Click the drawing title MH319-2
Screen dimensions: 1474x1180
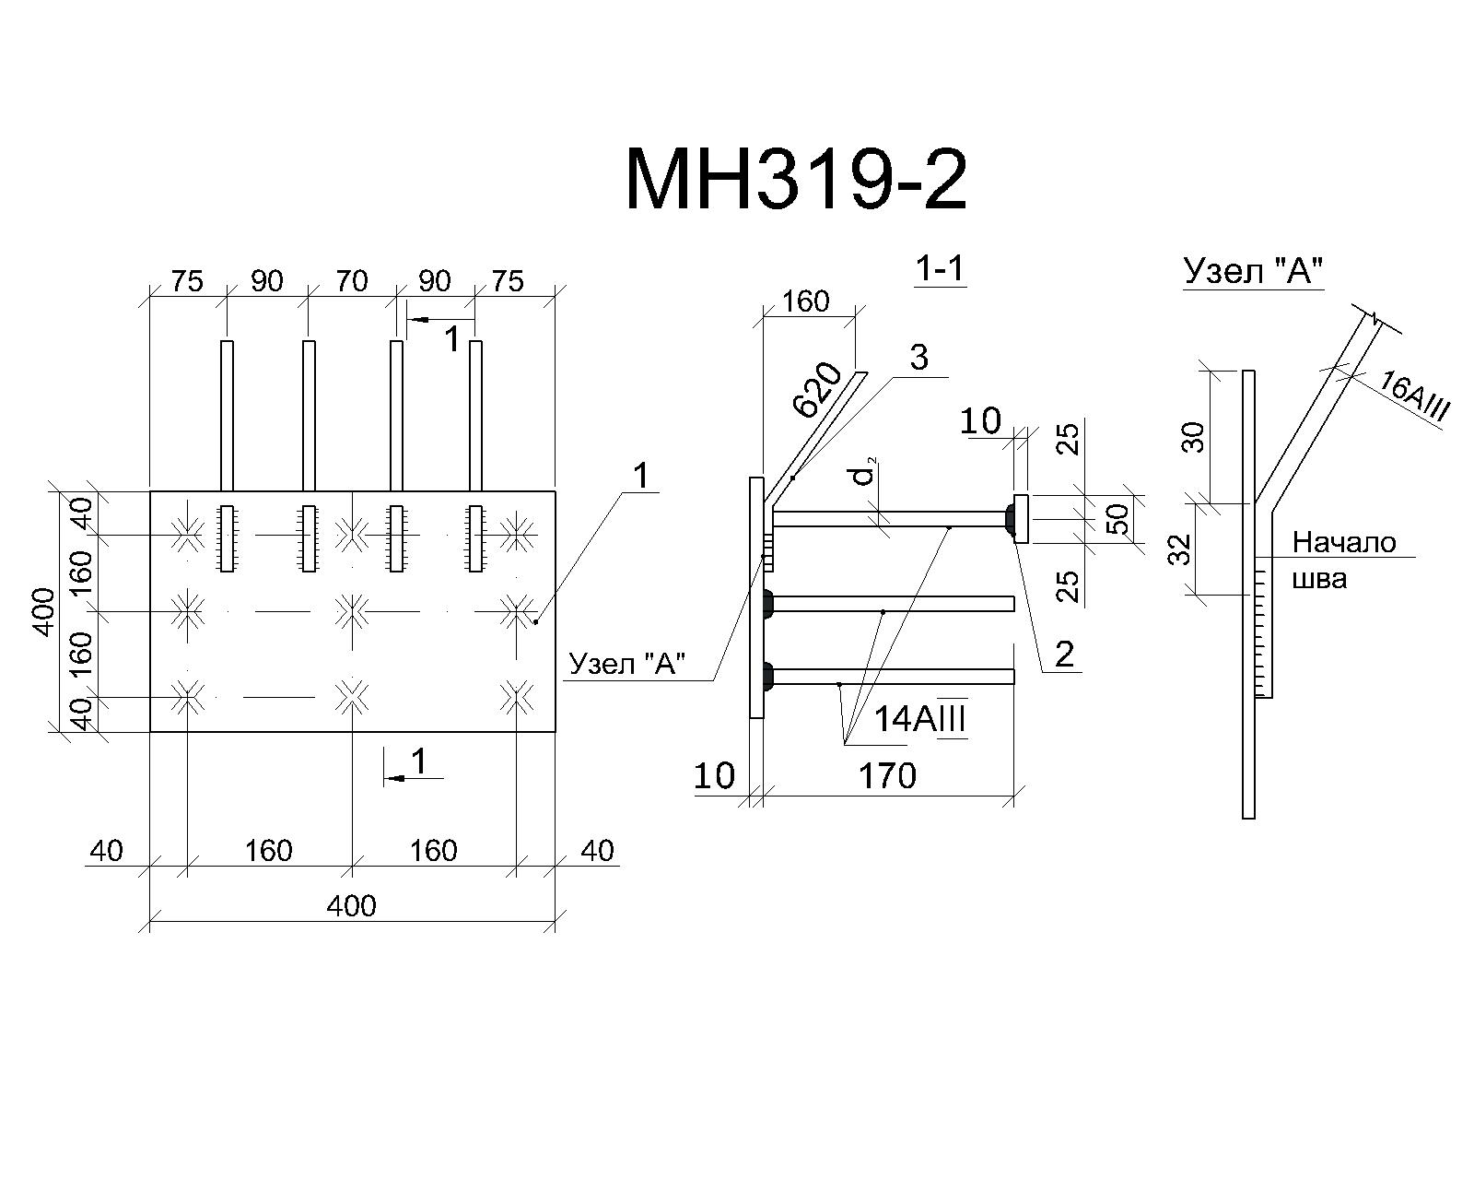click(x=796, y=181)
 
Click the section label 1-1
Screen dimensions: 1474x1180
click(x=941, y=268)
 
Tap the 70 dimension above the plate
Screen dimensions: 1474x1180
click(x=352, y=281)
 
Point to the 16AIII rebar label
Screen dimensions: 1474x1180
click(x=1413, y=395)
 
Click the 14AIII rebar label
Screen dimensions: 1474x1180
click(x=920, y=719)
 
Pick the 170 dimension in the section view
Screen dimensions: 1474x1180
click(x=887, y=776)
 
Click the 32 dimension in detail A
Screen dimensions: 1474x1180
click(x=1179, y=549)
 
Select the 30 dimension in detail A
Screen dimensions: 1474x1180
click(x=1194, y=438)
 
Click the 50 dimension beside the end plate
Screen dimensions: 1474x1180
click(x=1117, y=519)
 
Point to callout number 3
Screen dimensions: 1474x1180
click(x=918, y=358)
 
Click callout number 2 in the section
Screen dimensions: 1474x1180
click(x=1064, y=655)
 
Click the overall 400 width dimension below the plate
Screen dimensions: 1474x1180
click(x=351, y=906)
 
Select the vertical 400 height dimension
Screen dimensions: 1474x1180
click(x=44, y=611)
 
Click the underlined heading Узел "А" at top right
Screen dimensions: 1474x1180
click(x=1253, y=271)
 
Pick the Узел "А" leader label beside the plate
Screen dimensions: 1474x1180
click(x=627, y=664)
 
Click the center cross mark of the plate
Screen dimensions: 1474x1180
click(x=352, y=610)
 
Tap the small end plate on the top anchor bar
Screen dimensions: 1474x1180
click(x=1021, y=519)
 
